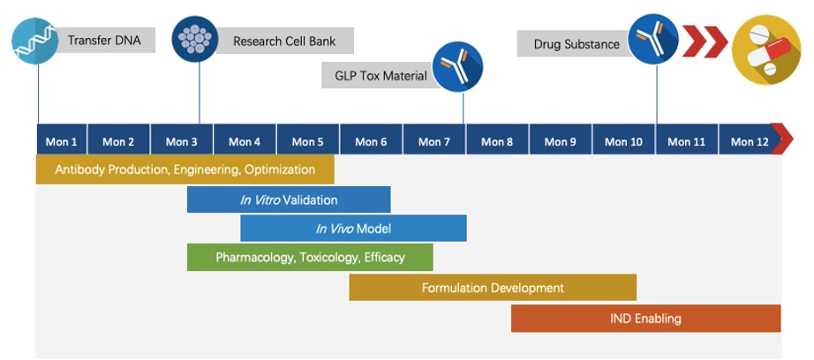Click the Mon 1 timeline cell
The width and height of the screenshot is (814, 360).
click(x=62, y=141)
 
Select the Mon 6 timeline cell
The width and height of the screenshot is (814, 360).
click(x=371, y=141)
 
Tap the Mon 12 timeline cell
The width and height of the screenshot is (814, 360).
click(x=743, y=141)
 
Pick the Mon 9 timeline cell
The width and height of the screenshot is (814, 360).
click(x=561, y=141)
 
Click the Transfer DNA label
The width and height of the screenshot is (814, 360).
click(x=104, y=40)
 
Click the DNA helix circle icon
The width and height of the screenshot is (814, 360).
click(x=35, y=40)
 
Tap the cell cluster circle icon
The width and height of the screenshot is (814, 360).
click(x=195, y=40)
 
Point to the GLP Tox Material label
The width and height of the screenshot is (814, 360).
click(x=381, y=76)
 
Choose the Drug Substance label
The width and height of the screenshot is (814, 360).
click(x=577, y=44)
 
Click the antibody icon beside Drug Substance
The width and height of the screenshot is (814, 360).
click(x=653, y=40)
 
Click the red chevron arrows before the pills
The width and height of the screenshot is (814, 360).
click(x=704, y=40)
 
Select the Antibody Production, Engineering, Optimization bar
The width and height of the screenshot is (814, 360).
click(x=185, y=169)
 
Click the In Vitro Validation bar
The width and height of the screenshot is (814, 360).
click(x=289, y=199)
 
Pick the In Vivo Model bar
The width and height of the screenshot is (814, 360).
click(x=353, y=229)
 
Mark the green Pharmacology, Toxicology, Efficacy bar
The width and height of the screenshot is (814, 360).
click(x=310, y=258)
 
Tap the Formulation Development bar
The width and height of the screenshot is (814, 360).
click(x=493, y=288)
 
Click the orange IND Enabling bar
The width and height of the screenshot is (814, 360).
click(x=645, y=319)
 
